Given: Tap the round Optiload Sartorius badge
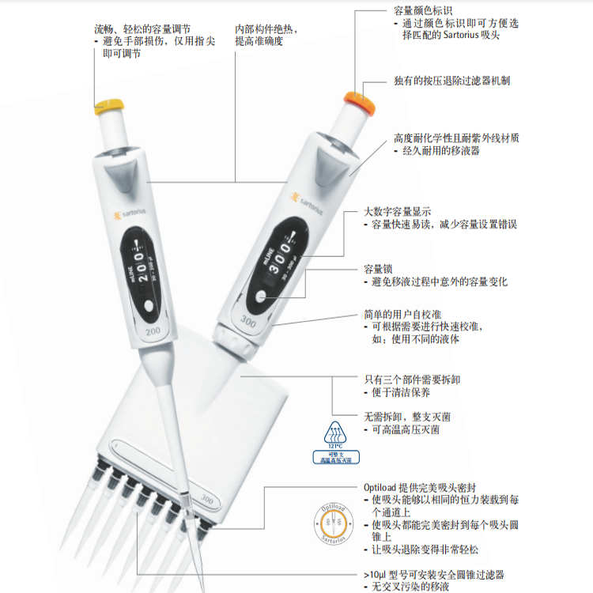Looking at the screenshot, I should pyautogui.click(x=333, y=524).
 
